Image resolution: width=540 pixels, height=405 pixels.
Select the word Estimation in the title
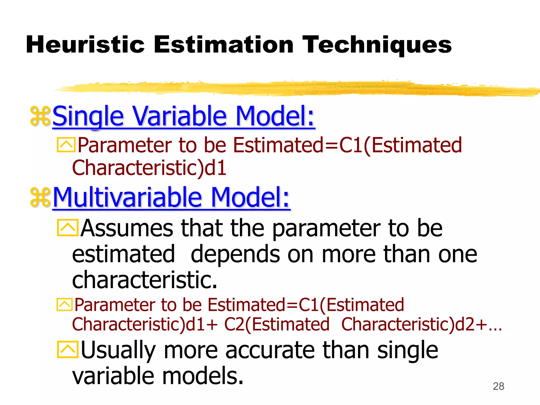(x=224, y=45)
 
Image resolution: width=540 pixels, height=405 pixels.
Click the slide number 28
(x=498, y=386)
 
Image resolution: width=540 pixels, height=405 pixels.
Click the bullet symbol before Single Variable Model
(x=40, y=116)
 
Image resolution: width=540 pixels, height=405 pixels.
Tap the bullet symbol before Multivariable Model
(x=40, y=197)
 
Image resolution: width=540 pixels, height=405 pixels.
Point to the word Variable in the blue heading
(x=180, y=116)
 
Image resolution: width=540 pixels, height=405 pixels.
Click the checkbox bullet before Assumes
(x=67, y=228)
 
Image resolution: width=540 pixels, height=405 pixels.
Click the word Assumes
(x=127, y=228)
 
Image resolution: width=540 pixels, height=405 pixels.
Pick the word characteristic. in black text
(x=144, y=279)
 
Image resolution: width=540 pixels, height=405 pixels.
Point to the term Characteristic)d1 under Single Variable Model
(x=149, y=168)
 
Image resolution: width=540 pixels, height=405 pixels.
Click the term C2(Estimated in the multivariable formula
(x=277, y=324)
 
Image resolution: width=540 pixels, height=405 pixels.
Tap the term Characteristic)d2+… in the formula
(x=421, y=324)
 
